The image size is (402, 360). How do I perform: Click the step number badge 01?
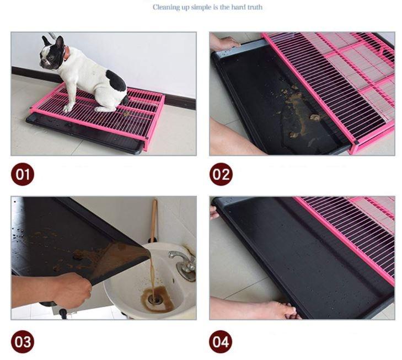[x=23, y=175]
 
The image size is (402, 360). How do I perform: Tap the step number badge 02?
[x=221, y=175]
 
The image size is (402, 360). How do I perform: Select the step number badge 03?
[x=23, y=342]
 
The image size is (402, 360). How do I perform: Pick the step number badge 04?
[x=221, y=342]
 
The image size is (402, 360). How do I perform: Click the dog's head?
[x=52, y=53]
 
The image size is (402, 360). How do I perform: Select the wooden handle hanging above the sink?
[x=154, y=221]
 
